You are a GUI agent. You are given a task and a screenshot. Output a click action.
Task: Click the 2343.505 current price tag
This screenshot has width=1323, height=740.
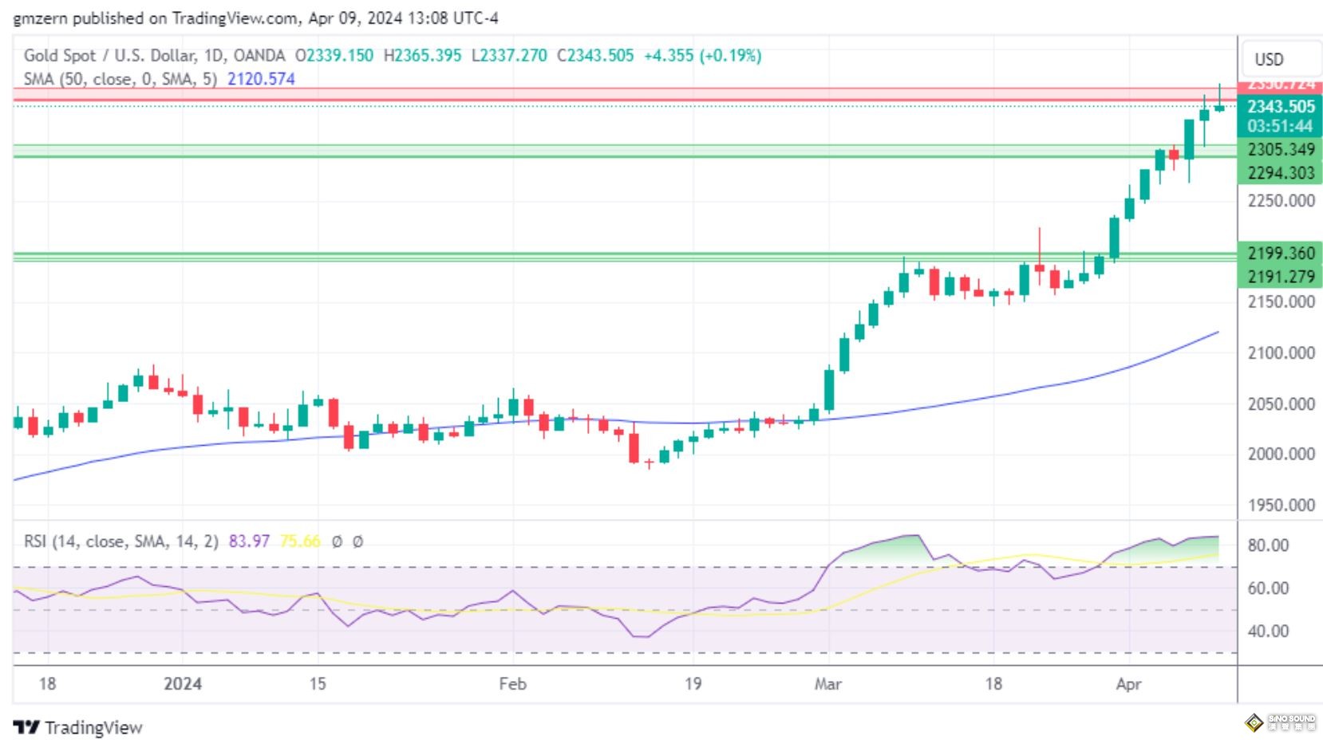pos(1280,107)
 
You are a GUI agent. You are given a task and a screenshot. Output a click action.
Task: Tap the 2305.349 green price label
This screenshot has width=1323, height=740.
pos(1280,150)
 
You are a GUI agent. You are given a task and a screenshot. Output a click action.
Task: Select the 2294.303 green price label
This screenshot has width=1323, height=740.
pos(1280,173)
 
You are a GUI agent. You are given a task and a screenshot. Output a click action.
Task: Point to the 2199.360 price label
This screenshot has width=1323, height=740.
pos(1280,254)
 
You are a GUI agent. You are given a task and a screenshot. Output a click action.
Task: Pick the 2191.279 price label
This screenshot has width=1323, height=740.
pos(1280,277)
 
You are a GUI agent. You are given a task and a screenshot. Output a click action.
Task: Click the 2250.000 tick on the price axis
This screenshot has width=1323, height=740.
pos(1281,201)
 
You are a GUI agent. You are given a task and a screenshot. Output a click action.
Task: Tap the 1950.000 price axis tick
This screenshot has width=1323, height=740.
pos(1281,506)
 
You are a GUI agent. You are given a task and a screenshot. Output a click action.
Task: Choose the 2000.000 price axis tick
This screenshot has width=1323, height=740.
pos(1281,455)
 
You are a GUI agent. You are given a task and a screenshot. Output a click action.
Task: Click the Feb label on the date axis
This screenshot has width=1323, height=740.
pos(512,684)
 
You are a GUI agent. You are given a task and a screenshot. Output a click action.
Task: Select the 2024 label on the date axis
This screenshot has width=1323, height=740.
pos(182,684)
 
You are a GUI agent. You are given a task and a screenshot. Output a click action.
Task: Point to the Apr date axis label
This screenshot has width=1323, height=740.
pos(1128,684)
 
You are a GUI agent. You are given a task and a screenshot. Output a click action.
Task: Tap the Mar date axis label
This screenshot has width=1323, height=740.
pos(827,684)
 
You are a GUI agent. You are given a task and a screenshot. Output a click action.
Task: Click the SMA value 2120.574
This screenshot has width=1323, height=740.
pos(261,79)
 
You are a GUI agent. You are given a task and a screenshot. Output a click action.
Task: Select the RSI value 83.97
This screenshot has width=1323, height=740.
pos(249,541)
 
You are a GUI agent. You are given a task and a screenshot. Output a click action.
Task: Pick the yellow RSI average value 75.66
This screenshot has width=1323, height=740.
pos(300,541)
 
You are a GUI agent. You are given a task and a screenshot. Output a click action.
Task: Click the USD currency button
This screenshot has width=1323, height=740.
pos(1269,60)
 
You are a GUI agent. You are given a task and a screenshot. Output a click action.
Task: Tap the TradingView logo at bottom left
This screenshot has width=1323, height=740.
pos(77,727)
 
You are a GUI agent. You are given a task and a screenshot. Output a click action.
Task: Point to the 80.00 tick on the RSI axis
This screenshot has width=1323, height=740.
pos(1268,545)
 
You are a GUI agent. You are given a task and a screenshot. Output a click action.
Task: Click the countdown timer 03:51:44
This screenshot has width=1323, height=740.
pos(1280,126)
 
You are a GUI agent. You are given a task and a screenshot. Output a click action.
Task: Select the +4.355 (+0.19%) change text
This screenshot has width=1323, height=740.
pos(702,56)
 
